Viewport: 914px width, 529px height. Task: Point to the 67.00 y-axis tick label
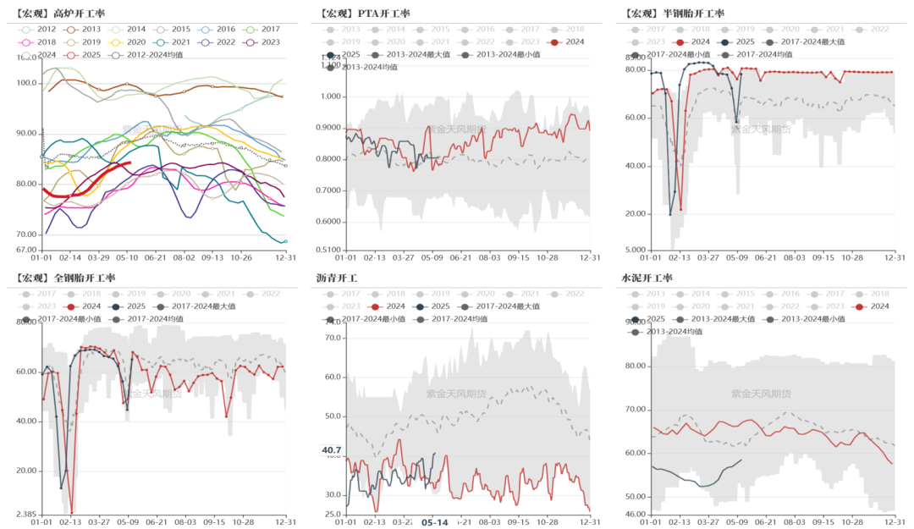[25, 250]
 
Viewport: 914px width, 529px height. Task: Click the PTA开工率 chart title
[366, 14]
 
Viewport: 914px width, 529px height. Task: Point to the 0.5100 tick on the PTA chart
[327, 250]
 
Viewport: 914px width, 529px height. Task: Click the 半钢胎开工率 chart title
[675, 14]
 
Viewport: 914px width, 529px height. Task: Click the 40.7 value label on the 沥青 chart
[331, 450]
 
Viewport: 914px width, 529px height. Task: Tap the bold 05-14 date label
[434, 522]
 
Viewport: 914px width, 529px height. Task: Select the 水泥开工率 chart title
[647, 278]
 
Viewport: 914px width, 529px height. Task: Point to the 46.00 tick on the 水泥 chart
[636, 514]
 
